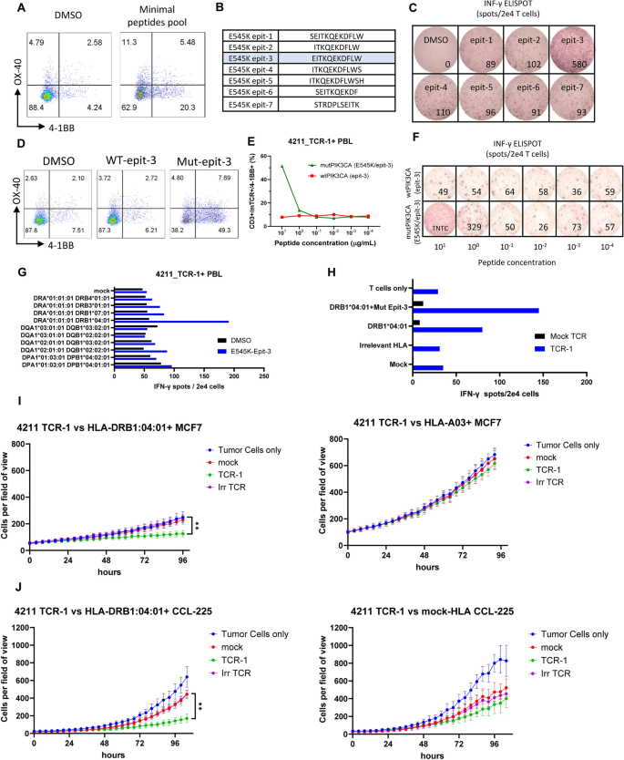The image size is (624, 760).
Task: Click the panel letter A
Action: pyautogui.click(x=8, y=8)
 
